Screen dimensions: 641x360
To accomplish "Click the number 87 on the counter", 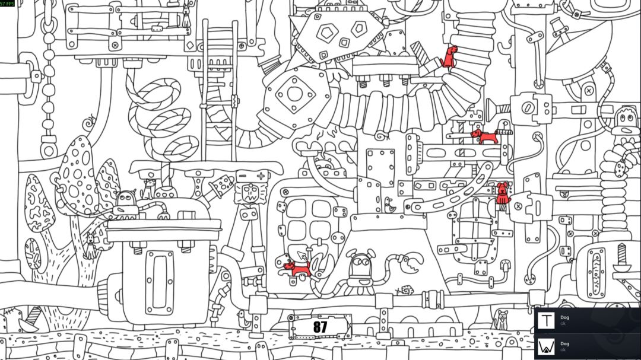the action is pos(320,327).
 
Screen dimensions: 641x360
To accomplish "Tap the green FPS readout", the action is pos(7,4).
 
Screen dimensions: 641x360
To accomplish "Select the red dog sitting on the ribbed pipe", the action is pos(449,56).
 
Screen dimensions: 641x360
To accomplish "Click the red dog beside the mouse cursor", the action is pos(297,269).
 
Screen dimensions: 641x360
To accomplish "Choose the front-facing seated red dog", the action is pos(503,193).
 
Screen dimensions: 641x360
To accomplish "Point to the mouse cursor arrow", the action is pos(302,256).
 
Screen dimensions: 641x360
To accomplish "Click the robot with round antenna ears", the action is pos(360,270).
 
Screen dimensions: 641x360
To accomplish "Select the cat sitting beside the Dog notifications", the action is pos(501,320).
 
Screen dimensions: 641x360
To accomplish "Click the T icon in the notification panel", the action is pos(546,320).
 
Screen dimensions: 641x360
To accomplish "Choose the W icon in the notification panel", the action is pos(546,346).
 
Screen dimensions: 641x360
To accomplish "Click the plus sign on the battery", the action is pos(261,176).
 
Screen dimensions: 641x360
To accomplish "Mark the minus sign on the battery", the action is pos(242,176).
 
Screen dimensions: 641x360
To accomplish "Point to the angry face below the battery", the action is pos(250,193).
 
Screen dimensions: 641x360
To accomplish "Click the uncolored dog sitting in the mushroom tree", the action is pos(90,246).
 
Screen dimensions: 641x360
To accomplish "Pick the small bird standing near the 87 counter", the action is pos(244,318).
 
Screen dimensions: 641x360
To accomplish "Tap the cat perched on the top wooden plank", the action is pos(186,15).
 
